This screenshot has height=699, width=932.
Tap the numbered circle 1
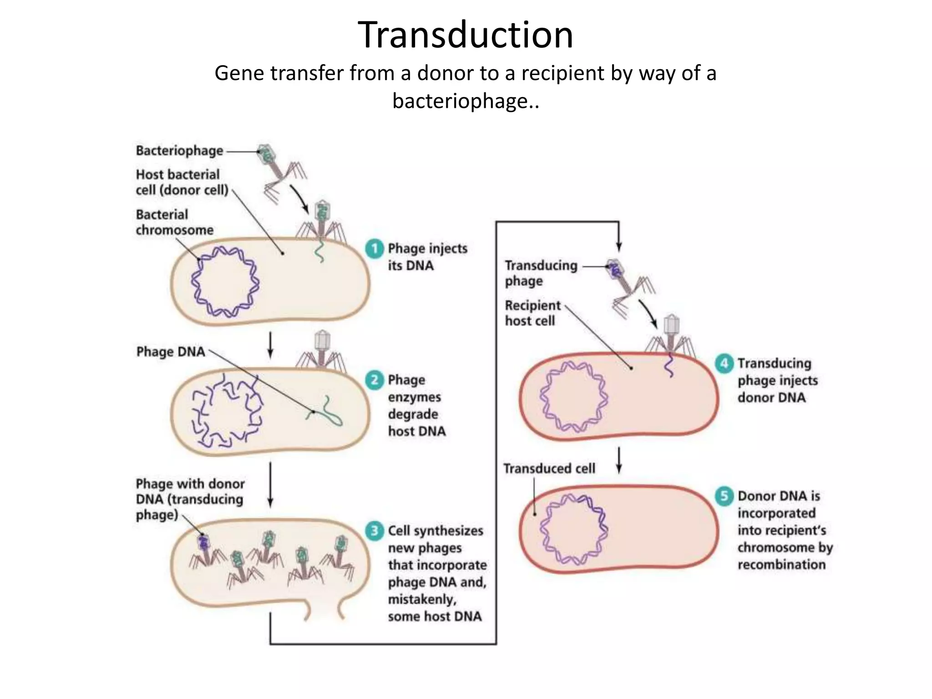coord(375,248)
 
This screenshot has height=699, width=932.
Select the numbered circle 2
coord(375,380)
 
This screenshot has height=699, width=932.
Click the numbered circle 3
coord(375,531)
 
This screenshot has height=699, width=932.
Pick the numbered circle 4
coord(724,363)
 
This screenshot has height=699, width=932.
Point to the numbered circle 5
coord(724,496)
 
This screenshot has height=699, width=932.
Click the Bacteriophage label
coord(179,151)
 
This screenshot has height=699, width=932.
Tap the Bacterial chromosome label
coord(174,222)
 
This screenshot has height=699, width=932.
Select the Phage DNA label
coord(171,352)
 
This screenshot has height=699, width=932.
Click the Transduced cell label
coord(549,468)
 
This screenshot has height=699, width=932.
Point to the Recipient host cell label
coord(532,313)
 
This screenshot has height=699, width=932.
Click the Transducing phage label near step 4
coord(541,273)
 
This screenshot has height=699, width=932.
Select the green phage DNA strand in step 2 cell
coord(325,412)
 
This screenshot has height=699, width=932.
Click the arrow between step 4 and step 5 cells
coord(619,460)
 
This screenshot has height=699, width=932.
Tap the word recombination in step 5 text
coord(781,564)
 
